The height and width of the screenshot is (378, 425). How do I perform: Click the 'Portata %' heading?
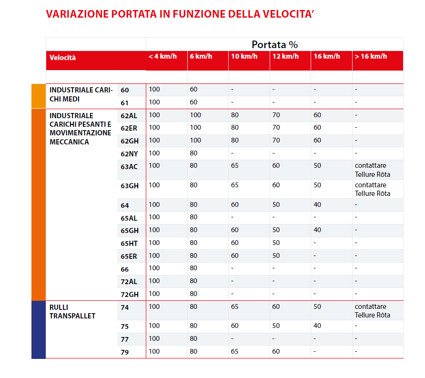click(274, 45)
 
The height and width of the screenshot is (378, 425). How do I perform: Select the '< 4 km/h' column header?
click(162, 57)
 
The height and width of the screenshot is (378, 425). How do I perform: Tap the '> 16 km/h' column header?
click(371, 57)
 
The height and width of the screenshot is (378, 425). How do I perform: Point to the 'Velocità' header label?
click(62, 58)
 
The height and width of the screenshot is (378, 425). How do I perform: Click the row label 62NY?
click(129, 153)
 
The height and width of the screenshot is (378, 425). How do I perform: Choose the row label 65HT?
click(129, 243)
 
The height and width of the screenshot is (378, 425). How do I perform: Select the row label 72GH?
click(129, 294)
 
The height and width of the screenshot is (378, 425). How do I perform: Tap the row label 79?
click(125, 353)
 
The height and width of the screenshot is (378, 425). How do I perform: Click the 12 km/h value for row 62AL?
click(276, 115)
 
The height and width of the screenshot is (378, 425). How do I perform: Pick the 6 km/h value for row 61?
click(193, 102)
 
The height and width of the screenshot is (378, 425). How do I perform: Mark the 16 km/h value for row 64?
click(317, 204)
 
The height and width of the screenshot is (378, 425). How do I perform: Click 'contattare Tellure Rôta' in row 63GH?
click(372, 189)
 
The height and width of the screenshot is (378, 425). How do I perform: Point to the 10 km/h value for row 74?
click(235, 307)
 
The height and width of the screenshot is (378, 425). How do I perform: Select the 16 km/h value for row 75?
click(317, 326)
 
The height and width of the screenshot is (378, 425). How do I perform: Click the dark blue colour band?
click(38, 329)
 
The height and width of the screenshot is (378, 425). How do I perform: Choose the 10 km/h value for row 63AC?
click(235, 166)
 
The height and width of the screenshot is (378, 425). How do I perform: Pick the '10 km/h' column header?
click(244, 57)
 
